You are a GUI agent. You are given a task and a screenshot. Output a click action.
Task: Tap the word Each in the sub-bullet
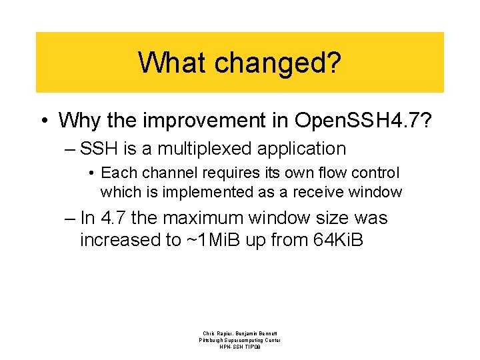(x=116, y=173)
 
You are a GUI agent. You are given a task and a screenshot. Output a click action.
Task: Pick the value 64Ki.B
(x=338, y=239)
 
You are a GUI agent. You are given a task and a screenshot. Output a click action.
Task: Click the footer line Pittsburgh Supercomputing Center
(x=240, y=340)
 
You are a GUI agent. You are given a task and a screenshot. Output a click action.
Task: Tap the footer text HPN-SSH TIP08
(x=240, y=347)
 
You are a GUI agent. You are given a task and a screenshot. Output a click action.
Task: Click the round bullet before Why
(x=43, y=121)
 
